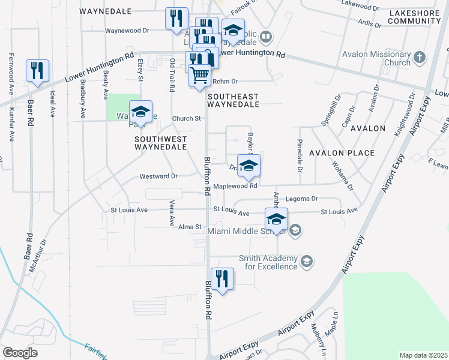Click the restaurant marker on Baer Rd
click(x=38, y=71)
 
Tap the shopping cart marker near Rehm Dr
click(x=200, y=76)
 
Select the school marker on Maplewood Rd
click(x=248, y=166)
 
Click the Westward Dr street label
click(x=158, y=176)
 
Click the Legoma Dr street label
click(x=301, y=198)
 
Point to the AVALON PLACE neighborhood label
click(x=342, y=153)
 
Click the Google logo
click(x=20, y=353)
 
